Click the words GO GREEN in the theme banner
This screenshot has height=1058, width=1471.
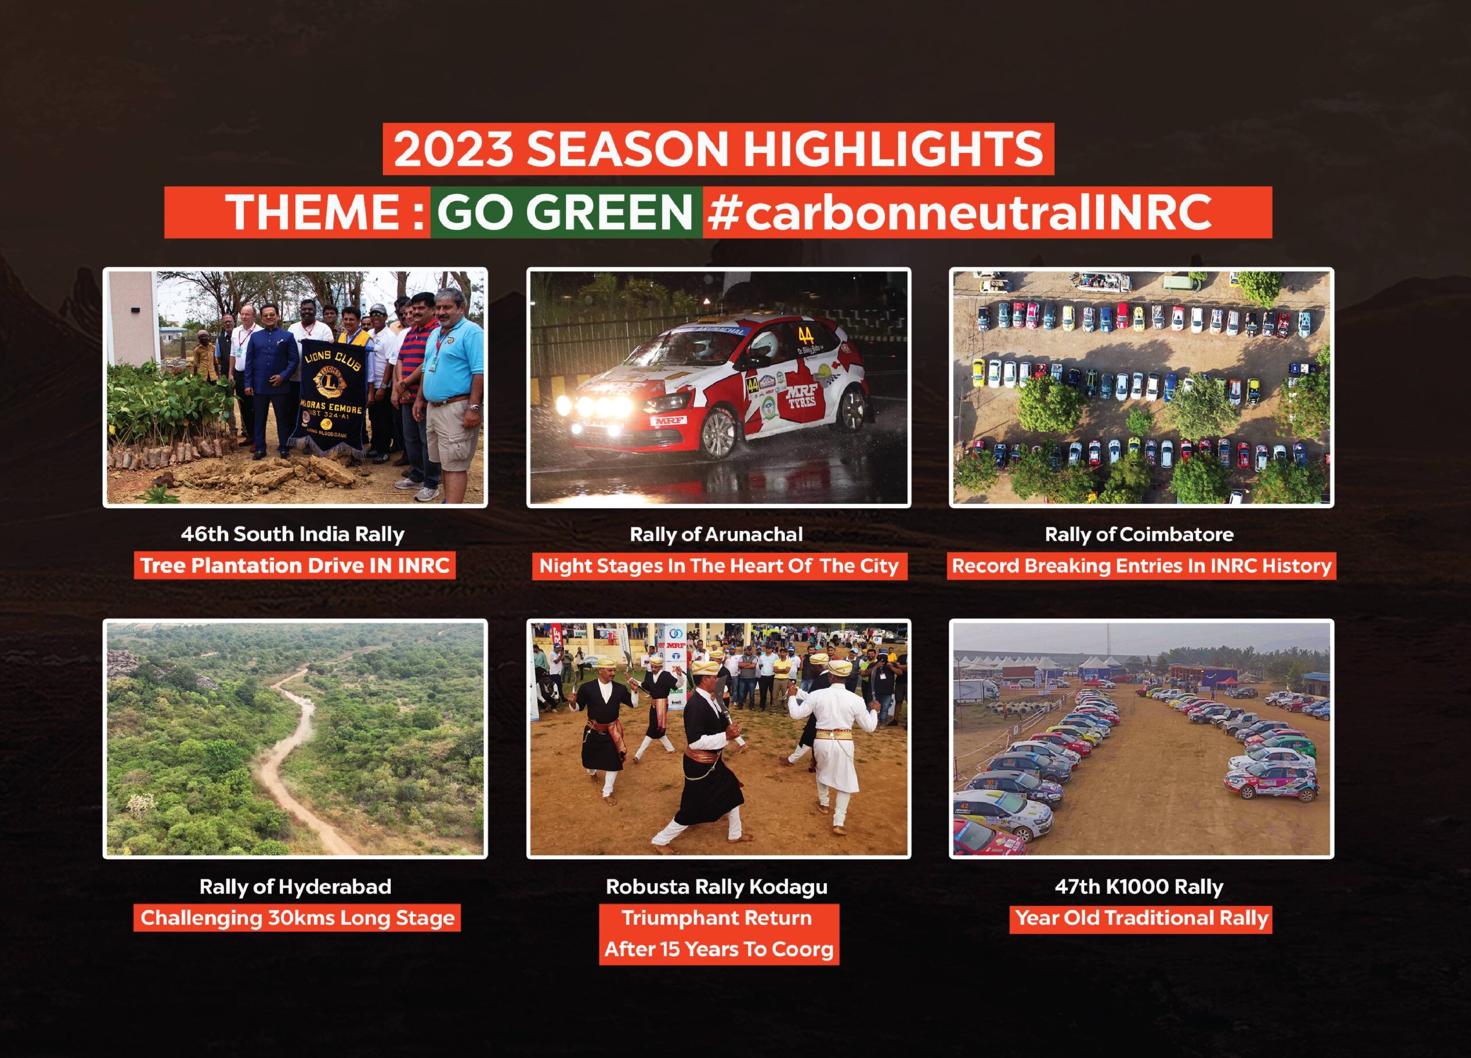565,212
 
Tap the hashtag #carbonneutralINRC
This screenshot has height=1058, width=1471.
959,212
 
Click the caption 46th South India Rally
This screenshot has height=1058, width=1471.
292,534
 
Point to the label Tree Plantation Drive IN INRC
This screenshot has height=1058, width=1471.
295,565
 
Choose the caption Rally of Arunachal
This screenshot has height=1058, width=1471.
716,534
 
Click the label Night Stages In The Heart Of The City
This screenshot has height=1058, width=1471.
719,566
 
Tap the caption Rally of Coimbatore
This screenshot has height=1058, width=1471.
1139,534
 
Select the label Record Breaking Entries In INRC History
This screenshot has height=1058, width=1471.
1142,566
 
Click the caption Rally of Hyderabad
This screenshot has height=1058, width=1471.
295,887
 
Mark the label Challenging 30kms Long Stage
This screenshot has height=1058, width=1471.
297,918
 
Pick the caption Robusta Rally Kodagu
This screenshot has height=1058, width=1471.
717,887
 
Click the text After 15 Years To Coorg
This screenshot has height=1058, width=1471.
719,949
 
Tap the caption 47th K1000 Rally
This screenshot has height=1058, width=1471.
1139,887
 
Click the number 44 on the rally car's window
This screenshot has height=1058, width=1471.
806,336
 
